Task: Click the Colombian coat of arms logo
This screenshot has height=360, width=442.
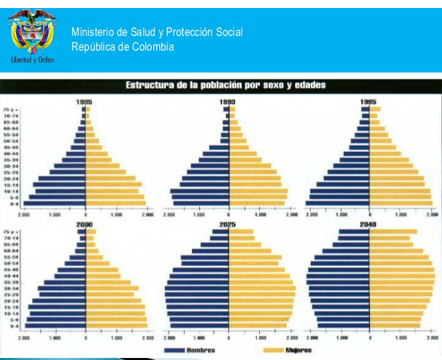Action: pyautogui.click(x=31, y=37)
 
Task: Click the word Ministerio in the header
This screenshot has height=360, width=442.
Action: pyautogui.click(x=94, y=32)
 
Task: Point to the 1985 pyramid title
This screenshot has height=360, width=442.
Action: pyautogui.click(x=85, y=101)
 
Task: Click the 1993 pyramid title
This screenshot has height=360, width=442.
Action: pyautogui.click(x=227, y=101)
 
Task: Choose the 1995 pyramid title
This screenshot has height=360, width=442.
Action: pyautogui.click(x=369, y=101)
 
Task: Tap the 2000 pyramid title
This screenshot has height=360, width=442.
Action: pyautogui.click(x=85, y=224)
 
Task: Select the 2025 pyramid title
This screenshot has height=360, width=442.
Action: pyautogui.click(x=228, y=224)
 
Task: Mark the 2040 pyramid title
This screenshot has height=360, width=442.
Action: pyautogui.click(x=369, y=224)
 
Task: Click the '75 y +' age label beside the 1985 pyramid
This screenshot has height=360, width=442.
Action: pyautogui.click(x=10, y=109)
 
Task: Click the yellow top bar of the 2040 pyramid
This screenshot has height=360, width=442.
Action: pyautogui.click(x=393, y=232)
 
